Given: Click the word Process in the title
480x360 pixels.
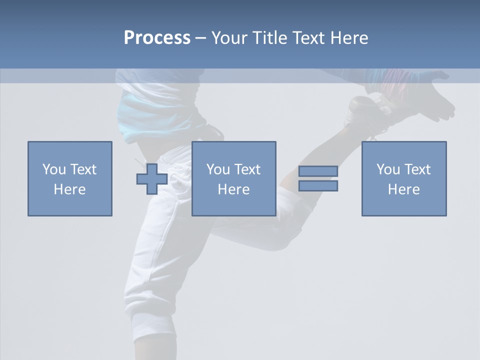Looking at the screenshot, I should click(157, 38).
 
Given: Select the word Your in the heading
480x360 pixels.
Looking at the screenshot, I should click(229, 38).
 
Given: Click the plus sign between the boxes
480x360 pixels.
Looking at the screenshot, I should click(152, 179).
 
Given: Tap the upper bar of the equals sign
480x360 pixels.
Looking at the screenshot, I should click(318, 171).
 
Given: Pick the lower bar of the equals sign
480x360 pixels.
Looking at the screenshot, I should click(318, 186).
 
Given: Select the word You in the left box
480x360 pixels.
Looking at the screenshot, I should click(54, 169).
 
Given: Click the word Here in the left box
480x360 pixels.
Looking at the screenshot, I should click(69, 189).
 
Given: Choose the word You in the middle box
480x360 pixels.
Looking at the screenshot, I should click(218, 169).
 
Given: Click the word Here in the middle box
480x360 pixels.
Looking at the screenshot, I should click(233, 189).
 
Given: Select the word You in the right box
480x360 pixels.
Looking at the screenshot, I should click(388, 169).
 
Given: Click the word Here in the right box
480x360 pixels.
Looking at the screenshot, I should click(403, 189).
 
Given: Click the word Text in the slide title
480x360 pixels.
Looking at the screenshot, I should click(308, 38).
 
